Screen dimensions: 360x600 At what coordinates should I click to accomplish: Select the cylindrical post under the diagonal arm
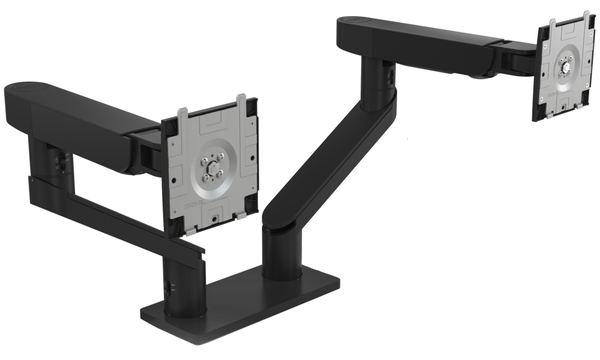pos(282,255)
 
